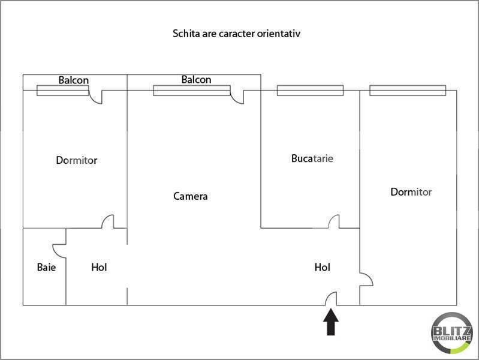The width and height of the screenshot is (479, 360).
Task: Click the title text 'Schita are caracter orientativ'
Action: tap(237, 34)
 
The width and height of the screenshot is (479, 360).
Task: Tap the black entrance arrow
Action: tap(331, 322)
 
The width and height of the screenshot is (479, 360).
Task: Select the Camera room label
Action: tap(191, 196)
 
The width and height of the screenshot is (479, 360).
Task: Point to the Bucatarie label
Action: tap(312, 159)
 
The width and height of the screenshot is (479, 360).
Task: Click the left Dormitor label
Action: tap(77, 160)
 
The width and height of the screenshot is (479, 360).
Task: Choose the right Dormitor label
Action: tap(411, 192)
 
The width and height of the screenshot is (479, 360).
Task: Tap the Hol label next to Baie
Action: tap(99, 268)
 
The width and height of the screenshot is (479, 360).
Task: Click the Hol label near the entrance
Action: tap(323, 268)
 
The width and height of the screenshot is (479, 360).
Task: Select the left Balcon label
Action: tap(74, 80)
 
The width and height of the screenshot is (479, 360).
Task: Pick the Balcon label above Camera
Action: tap(196, 79)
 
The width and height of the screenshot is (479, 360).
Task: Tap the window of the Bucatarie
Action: tap(310, 91)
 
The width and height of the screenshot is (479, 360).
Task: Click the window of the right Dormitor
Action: tap(408, 91)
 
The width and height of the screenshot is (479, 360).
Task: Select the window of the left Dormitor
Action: tap(63, 91)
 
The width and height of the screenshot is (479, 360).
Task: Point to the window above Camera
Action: tap(192, 91)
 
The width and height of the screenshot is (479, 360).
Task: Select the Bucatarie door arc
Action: tap(333, 221)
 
